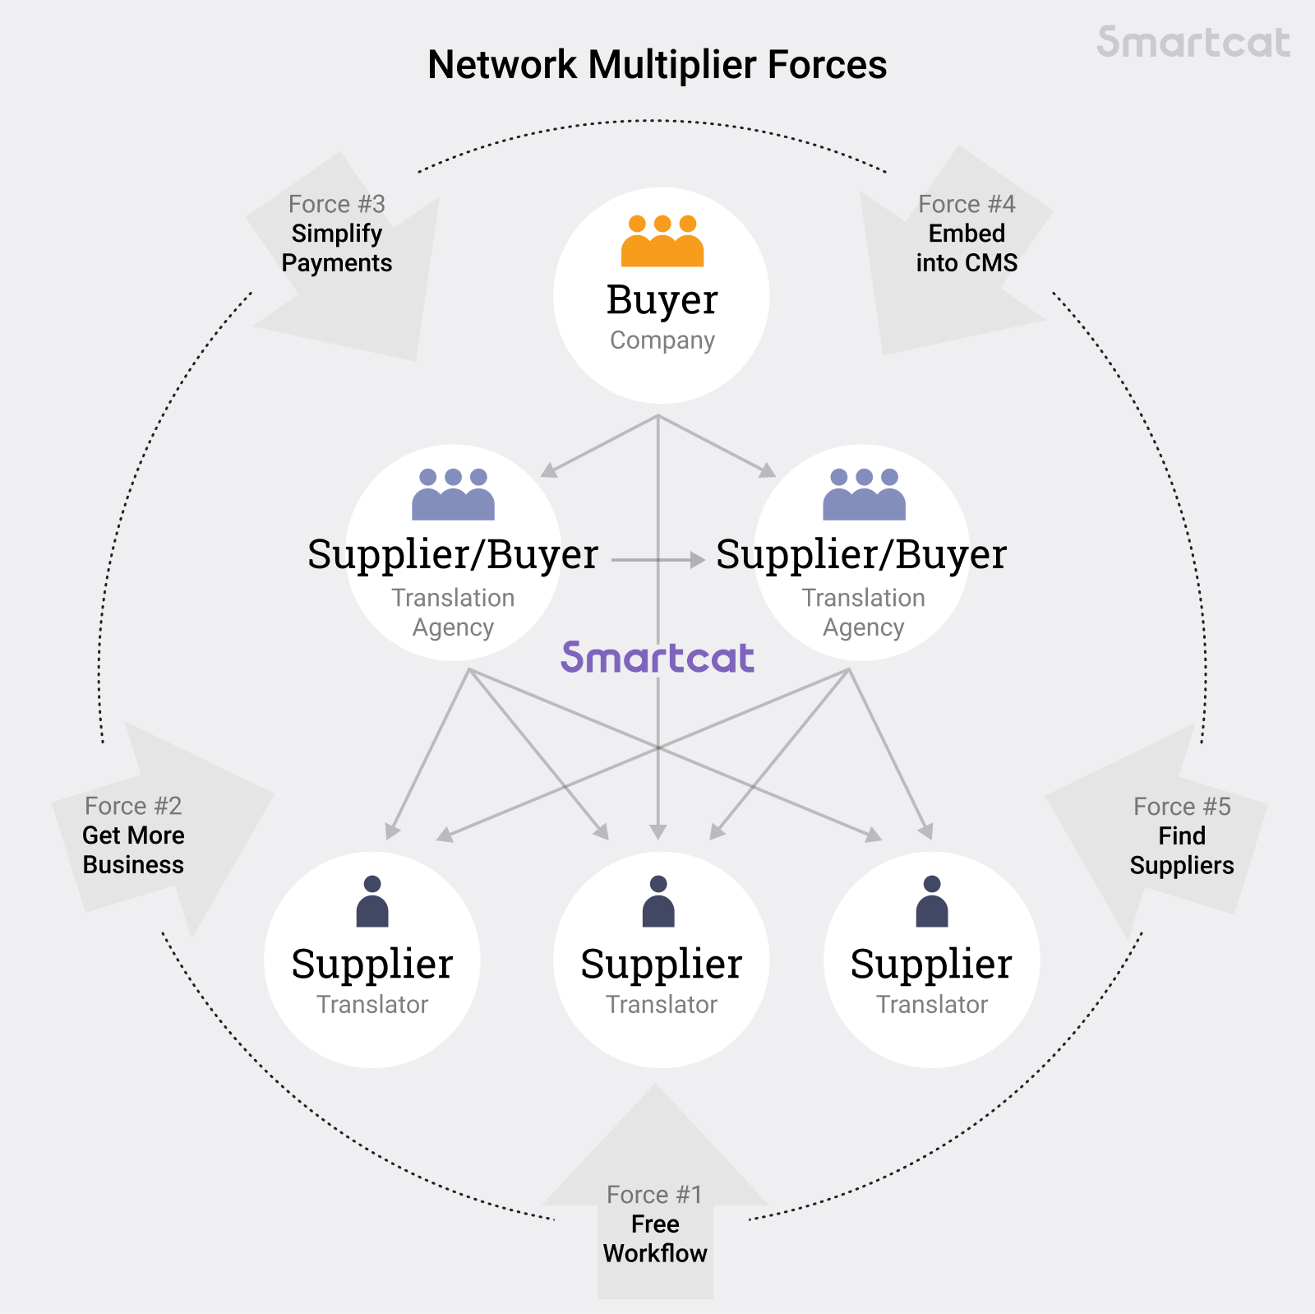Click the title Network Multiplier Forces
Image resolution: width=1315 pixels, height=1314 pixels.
(x=657, y=65)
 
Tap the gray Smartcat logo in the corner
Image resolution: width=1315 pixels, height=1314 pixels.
(x=1193, y=42)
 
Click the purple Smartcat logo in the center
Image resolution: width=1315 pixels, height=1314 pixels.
(x=657, y=658)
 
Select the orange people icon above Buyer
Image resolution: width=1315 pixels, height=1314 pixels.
(x=662, y=241)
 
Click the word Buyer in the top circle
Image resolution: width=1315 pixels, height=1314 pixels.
(x=662, y=300)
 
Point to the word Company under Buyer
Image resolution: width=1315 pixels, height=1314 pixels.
(x=662, y=340)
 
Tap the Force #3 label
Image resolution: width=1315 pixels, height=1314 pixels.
(x=336, y=204)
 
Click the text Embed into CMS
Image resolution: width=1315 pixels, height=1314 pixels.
(x=967, y=248)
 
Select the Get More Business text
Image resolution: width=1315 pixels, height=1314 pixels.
(x=133, y=850)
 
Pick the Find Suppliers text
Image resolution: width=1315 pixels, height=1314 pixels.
(x=1182, y=851)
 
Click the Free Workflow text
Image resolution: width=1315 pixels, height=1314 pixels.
(x=655, y=1238)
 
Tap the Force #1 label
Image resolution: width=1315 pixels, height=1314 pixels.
(x=655, y=1194)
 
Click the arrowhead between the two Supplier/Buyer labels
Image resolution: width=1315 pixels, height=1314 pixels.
(x=698, y=560)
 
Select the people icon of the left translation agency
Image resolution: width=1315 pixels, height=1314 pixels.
(x=453, y=494)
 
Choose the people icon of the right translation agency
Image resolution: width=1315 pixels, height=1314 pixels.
(x=864, y=494)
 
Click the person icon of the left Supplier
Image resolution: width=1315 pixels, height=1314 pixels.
(x=372, y=902)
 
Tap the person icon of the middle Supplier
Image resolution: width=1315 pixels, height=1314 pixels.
(x=658, y=902)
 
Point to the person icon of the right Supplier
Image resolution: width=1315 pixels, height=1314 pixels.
(x=932, y=902)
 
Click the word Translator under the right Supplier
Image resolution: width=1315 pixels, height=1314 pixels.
(x=932, y=1005)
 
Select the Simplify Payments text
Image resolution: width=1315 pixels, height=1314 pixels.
(x=336, y=248)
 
